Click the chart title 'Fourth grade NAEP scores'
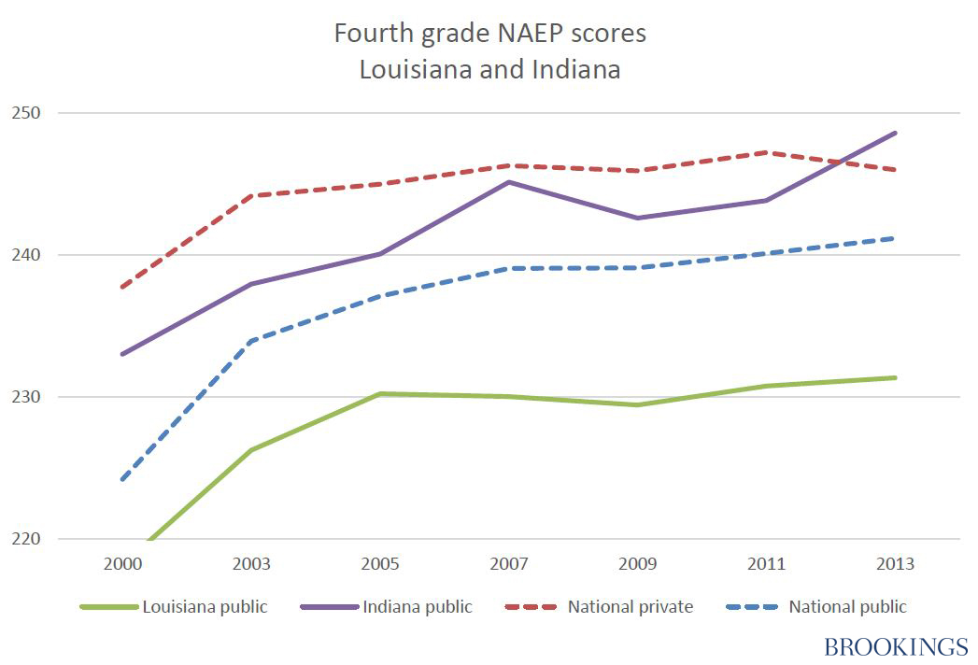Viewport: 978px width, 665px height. pos(489,34)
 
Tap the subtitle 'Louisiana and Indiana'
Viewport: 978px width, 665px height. pos(489,69)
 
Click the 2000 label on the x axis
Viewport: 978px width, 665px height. pos(122,564)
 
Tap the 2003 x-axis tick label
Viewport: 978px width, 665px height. pos(251,564)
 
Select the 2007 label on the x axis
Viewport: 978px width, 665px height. pos(509,564)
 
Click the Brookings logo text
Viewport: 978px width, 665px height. pos(896,646)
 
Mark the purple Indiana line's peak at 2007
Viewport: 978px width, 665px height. pos(509,182)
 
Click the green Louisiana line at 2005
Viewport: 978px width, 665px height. pos(380,394)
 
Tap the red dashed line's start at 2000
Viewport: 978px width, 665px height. pos(122,287)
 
